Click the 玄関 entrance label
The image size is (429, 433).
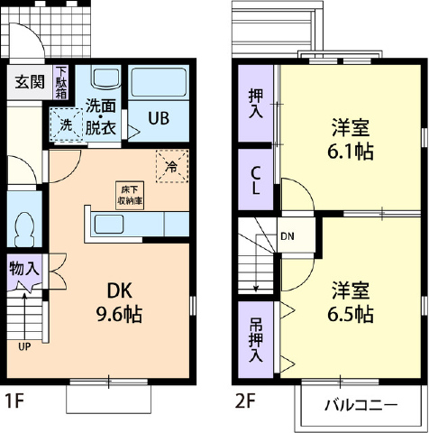(30, 82)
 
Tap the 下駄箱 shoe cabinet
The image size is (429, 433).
(61, 82)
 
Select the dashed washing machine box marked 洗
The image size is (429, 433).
(67, 124)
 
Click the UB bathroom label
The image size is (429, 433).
(159, 118)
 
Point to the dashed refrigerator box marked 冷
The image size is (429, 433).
(172, 166)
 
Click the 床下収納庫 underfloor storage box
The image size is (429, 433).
(130, 195)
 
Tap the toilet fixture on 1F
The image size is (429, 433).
(23, 226)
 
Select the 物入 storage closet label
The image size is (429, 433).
(24, 268)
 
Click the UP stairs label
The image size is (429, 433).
(24, 346)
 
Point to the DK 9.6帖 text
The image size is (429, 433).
(119, 302)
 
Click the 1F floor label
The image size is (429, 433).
(14, 401)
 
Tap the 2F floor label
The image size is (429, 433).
(245, 401)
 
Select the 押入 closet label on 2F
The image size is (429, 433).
(256, 104)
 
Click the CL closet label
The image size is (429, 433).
(256, 180)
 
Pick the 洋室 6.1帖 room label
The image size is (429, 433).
(351, 139)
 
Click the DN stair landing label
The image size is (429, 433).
(288, 236)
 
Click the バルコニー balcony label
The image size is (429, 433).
(361, 405)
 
